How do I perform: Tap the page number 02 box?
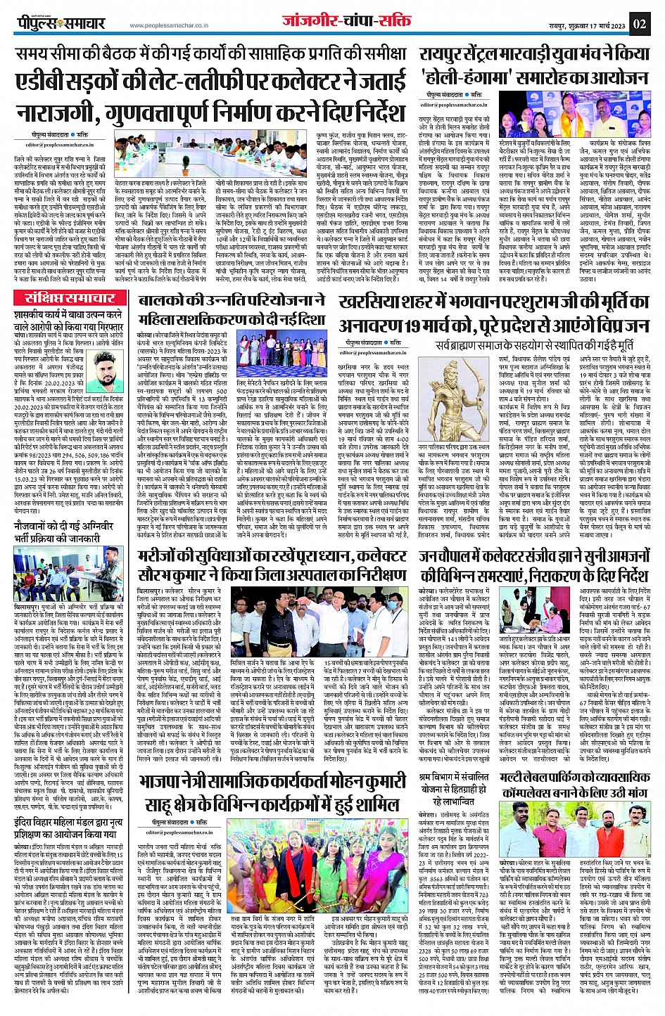click(x=640, y=23)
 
